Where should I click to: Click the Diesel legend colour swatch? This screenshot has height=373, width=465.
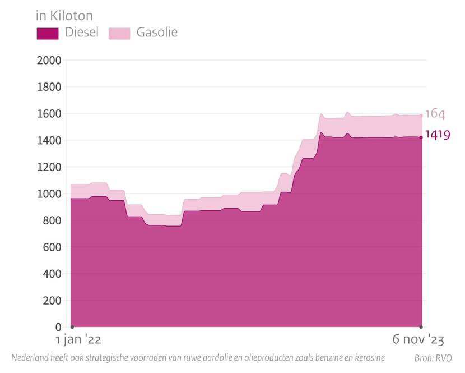(48, 33)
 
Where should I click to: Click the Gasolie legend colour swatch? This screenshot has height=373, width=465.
(119, 33)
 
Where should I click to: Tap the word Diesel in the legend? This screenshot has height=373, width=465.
(82, 33)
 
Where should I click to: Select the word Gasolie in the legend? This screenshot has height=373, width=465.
(157, 33)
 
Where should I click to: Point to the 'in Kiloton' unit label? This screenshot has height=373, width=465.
(64, 15)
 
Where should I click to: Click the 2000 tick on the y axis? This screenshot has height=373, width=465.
(49, 61)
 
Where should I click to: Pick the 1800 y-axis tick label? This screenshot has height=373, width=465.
(49, 87)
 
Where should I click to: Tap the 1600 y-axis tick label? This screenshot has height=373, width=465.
(49, 114)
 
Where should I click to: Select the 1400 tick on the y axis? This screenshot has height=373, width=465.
(49, 140)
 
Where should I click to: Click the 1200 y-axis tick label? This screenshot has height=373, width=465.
(49, 167)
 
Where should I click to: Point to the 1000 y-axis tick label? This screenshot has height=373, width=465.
(49, 194)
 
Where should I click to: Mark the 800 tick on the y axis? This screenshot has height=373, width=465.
(52, 220)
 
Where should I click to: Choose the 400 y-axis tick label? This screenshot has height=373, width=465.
(52, 274)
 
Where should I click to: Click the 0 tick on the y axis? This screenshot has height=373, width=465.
(58, 327)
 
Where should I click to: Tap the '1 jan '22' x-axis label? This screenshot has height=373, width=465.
(78, 340)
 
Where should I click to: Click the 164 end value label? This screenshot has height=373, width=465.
(435, 114)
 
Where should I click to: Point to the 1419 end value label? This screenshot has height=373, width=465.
(438, 135)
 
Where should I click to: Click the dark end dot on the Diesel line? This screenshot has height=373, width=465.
(421, 137)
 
